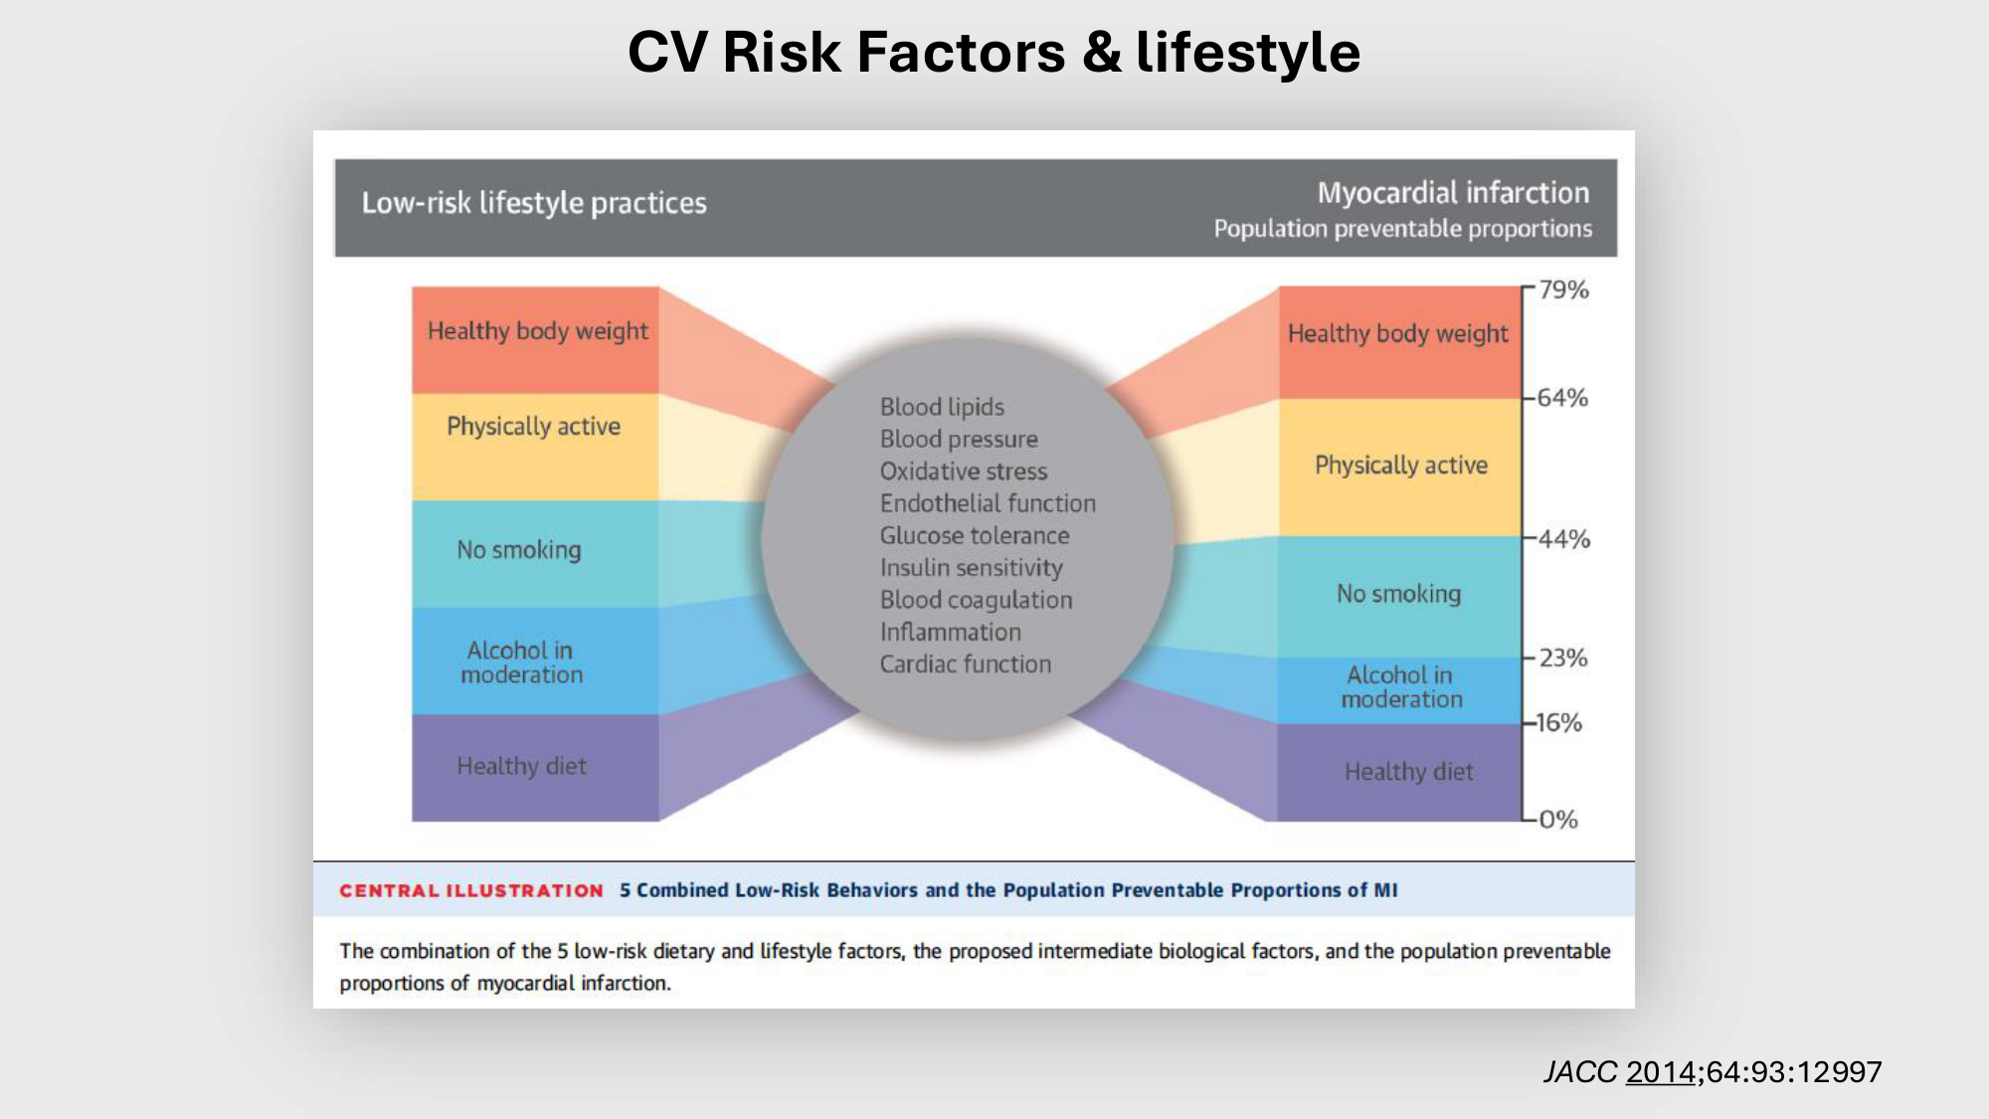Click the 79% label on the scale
pos(1563,289)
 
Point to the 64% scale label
pos(1562,398)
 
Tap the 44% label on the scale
pos(1564,539)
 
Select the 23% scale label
pos(1563,657)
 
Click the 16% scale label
pos(1559,722)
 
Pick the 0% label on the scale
pos(1558,820)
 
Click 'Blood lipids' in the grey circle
pos(942,407)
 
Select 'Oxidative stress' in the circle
pos(964,470)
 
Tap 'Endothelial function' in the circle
pos(988,503)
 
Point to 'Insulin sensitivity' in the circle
pos(972,568)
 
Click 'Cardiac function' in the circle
pos(966,663)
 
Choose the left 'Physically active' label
pos(533,427)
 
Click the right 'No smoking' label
pos(1398,594)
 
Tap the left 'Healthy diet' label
pos(521,766)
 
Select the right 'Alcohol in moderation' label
pos(1401,686)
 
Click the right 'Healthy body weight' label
pos(1397,334)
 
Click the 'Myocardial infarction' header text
pos(1453,192)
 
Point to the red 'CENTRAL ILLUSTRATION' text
pos(471,890)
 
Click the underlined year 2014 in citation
pos(1661,1071)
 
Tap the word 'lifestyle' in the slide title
pos(1248,53)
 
